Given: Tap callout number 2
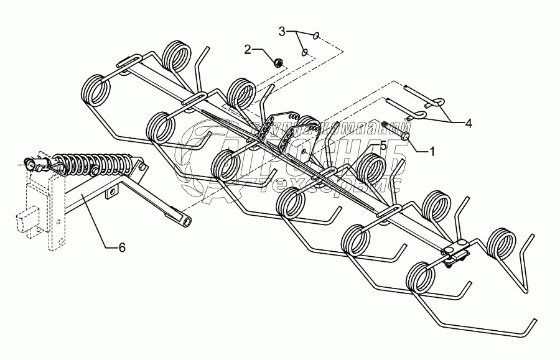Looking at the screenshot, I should point(247,50).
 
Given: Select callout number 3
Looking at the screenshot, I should point(282,30).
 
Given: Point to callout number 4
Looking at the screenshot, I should point(468,124).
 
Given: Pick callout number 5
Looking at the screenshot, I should point(383,145).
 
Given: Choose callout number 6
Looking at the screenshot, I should point(122,247).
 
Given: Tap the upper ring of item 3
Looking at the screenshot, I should point(317,35).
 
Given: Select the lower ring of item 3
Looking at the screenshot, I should point(305,53).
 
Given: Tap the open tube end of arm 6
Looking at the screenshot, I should point(186,221).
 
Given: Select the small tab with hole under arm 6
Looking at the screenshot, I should point(111,194).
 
